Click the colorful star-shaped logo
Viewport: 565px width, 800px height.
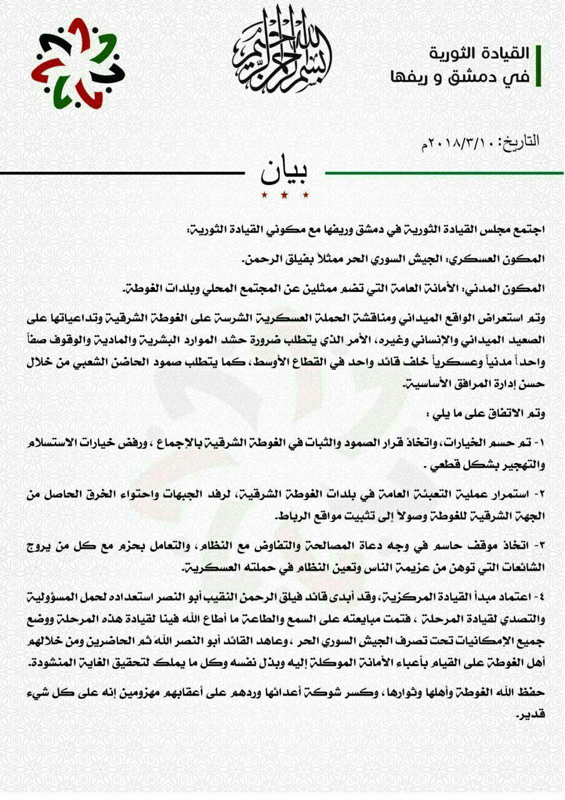[78, 63]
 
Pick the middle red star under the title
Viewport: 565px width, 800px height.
[284, 197]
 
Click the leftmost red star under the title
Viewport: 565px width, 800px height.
[263, 197]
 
